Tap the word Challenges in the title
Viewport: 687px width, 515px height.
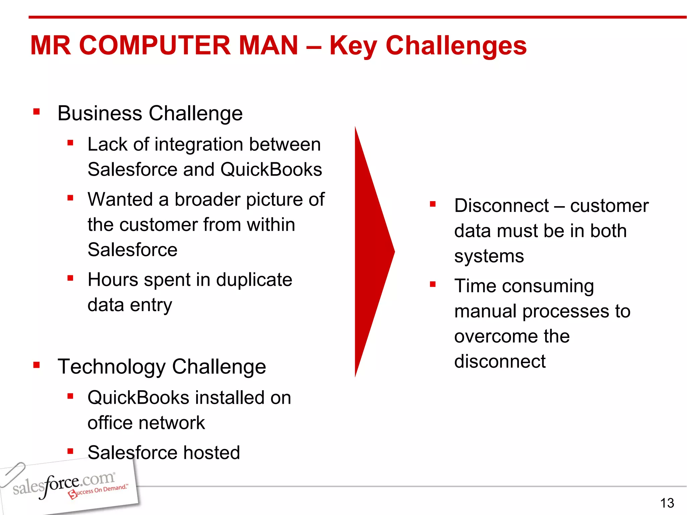click(x=456, y=46)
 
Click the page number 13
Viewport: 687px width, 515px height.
click(x=667, y=503)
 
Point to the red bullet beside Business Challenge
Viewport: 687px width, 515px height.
click(x=37, y=112)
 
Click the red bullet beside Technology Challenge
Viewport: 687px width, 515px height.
click(x=37, y=365)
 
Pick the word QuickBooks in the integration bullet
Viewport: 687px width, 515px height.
click(x=271, y=169)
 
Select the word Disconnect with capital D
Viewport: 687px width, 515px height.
click(x=501, y=206)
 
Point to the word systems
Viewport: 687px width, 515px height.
click(x=489, y=256)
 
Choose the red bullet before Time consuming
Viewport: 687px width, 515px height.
click(x=433, y=285)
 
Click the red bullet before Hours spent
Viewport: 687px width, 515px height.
click(x=70, y=278)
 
